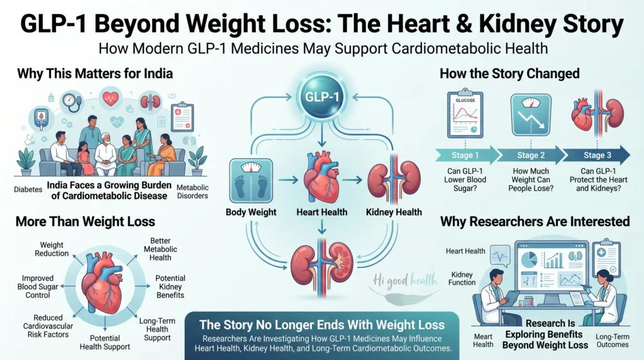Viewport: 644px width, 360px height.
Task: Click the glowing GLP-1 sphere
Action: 322,97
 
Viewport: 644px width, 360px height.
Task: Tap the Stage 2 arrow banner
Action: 531,155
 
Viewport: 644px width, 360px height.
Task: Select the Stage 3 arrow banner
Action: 596,155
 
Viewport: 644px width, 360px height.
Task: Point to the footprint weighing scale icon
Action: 251,181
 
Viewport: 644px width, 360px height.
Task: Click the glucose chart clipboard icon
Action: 465,115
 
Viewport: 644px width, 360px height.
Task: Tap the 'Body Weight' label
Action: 251,212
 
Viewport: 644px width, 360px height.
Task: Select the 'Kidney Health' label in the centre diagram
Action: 394,212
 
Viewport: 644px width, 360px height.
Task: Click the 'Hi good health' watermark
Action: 404,281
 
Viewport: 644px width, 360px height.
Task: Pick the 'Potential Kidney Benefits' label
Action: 170,286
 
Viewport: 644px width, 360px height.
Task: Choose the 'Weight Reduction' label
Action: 52,249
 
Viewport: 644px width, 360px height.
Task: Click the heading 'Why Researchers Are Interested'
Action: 535,222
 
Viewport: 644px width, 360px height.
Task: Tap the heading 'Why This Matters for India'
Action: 95,74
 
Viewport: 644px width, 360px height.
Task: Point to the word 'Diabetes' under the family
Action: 28,189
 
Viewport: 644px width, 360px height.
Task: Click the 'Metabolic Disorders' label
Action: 192,191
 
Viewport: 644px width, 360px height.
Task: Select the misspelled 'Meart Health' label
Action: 483,340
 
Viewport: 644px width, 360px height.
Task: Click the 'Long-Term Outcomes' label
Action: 613,340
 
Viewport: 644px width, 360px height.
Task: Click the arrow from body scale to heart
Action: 288,180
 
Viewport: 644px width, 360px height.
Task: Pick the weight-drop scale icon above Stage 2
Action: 531,115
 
